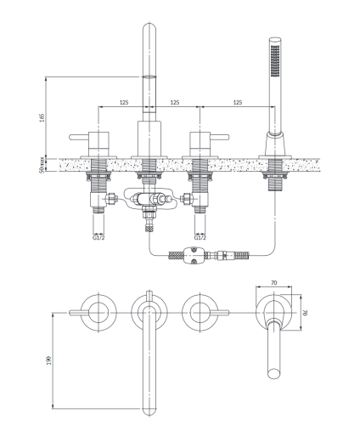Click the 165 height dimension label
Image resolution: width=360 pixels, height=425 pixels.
coord(42,117)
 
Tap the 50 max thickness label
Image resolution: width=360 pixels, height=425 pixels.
coord(42,165)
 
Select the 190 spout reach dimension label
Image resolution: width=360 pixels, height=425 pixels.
coord(49,360)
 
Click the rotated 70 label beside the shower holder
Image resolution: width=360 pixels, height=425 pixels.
coord(306,313)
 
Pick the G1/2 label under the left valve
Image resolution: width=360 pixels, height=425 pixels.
coord(98,237)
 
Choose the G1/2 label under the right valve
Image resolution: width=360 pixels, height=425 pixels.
coord(200,237)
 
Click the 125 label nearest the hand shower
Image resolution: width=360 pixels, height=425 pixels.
coord(238,102)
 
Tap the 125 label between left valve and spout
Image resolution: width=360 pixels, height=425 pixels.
coord(124,102)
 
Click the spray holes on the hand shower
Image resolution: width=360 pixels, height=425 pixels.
coord(275,60)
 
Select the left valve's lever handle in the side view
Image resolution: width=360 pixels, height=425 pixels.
coord(79,137)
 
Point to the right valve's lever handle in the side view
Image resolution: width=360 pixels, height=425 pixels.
coord(219,137)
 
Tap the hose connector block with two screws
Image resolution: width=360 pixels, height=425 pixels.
coord(194,255)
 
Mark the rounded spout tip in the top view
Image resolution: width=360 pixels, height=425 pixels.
coord(149,411)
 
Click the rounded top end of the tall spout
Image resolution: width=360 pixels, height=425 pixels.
coord(149,28)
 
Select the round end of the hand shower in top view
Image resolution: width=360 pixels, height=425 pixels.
coord(274,373)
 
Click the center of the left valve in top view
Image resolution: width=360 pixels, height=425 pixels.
coord(98,313)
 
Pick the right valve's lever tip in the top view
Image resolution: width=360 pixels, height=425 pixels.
coord(227,313)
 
